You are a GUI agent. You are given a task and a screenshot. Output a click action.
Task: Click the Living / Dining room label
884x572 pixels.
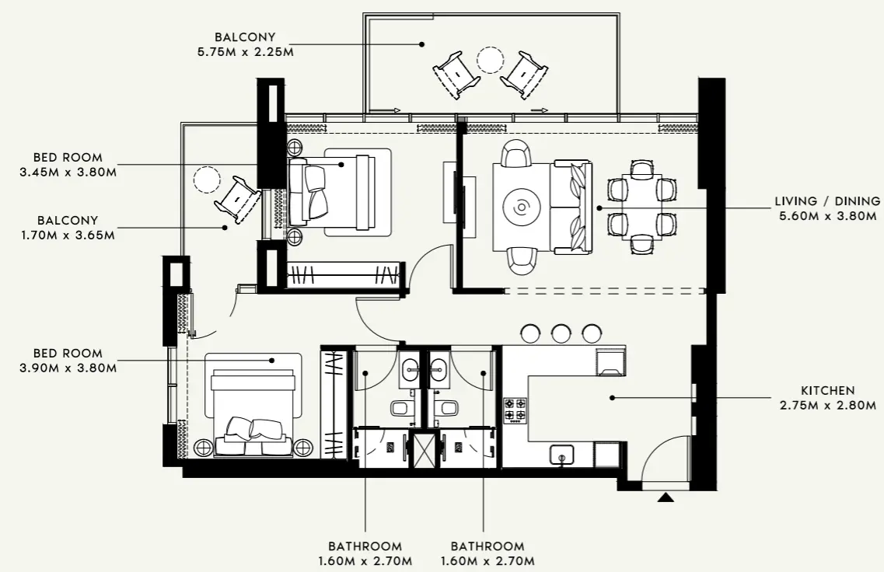(827, 201)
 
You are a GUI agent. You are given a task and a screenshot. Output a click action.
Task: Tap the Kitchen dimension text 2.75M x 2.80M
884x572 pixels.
(828, 405)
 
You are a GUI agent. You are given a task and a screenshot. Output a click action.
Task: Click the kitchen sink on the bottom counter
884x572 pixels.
(559, 455)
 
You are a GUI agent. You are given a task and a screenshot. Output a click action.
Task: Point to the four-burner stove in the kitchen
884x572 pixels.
(515, 410)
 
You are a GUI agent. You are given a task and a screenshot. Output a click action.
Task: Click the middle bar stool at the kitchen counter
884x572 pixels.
(561, 333)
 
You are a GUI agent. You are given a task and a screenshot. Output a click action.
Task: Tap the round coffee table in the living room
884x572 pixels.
(521, 208)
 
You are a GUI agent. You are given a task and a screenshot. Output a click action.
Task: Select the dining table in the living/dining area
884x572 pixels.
(642, 207)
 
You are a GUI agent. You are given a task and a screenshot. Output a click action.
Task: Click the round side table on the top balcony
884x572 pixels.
(491, 59)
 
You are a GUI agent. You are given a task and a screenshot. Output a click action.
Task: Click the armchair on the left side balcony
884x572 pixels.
(238, 200)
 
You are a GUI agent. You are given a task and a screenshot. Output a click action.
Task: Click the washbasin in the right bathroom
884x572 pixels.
(439, 368)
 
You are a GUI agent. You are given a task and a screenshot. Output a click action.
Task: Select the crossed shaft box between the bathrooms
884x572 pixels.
(425, 450)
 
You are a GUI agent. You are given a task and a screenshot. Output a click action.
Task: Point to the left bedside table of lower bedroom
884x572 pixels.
(203, 447)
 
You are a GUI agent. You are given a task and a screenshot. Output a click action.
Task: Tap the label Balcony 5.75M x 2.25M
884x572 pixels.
(245, 44)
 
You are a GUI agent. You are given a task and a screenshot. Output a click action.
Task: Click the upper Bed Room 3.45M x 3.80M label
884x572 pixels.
(68, 165)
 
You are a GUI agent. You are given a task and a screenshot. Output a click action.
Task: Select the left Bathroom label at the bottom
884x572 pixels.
(365, 553)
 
